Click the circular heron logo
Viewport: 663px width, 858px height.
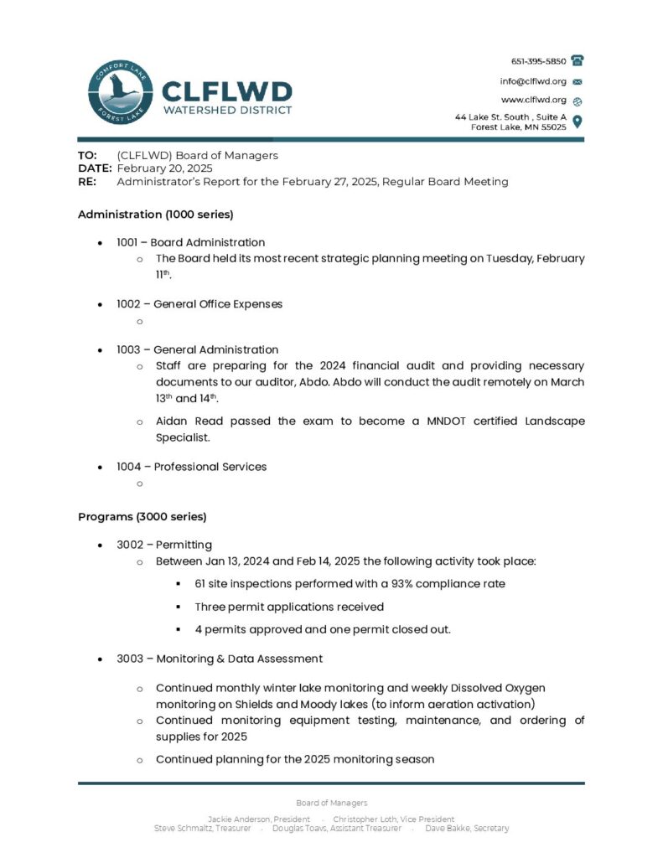[x=120, y=95]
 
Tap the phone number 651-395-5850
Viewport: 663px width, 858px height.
[x=538, y=61]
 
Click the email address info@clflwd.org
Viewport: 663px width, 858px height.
[x=533, y=81]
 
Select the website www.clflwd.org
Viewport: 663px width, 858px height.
[x=533, y=100]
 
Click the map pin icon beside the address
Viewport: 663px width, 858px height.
[x=578, y=121]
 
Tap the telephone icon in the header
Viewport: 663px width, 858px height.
[x=578, y=61]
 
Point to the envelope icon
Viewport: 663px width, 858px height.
[x=578, y=82]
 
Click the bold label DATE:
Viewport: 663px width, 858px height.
[x=95, y=168]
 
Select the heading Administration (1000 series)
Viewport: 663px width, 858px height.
[x=149, y=214]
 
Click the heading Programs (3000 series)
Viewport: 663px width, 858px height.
[x=142, y=516]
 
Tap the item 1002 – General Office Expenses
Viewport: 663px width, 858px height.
[x=199, y=304]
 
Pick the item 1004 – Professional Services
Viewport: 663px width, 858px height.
[x=191, y=467]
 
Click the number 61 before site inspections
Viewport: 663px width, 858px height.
[x=200, y=583]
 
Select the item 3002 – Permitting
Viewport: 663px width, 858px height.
[x=164, y=545]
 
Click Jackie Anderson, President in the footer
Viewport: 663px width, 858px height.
[x=258, y=819]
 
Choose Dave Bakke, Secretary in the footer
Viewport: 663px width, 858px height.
[x=467, y=828]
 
